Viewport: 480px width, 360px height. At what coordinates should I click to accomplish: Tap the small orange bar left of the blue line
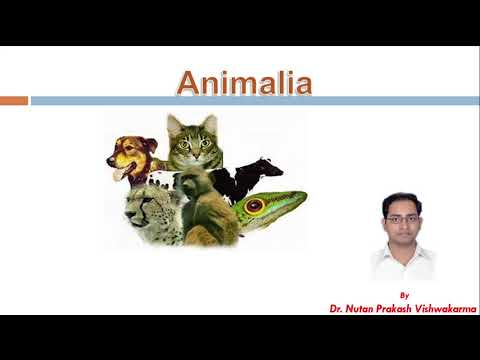click(13, 100)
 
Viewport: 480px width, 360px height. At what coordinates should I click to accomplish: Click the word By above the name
click(403, 295)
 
